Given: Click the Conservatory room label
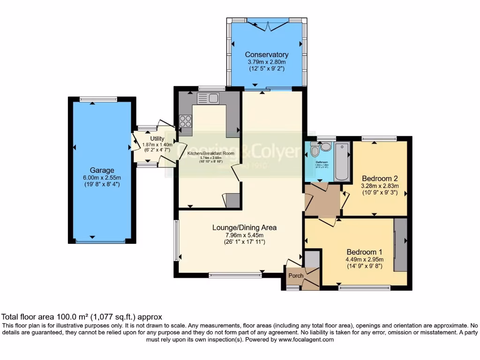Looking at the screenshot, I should (268, 55).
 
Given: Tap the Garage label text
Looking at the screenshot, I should (102, 170).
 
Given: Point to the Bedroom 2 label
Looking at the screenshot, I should (380, 178).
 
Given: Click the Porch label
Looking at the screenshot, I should (295, 275).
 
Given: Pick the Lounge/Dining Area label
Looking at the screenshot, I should (244, 227).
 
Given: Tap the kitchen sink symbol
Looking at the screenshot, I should (208, 98).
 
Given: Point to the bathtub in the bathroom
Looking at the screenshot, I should (342, 162).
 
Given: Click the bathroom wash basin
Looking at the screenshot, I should (326, 147).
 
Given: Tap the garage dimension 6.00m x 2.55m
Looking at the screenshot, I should (102, 178).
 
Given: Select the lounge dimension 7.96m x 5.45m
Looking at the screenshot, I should (244, 235).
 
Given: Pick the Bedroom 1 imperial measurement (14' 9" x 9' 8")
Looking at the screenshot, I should (365, 266).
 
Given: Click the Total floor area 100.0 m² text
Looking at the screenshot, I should (82, 317).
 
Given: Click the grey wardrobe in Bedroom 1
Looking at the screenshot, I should (400, 244).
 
